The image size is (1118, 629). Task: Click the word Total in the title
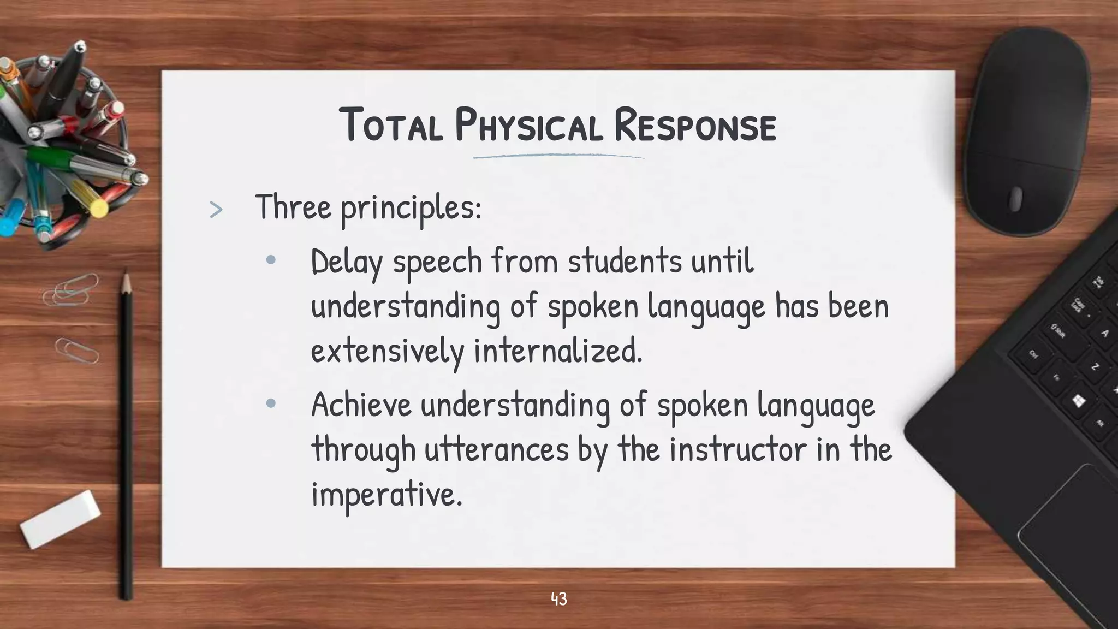pos(391,126)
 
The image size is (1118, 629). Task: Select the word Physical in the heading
pos(528,126)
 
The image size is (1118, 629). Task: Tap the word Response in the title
pos(694,126)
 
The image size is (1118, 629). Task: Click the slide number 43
pos(559,599)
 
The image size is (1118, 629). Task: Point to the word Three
pos(293,207)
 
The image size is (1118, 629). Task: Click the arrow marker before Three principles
pos(216,210)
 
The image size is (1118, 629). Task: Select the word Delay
pos(346,262)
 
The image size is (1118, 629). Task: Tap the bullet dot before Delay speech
pos(271,260)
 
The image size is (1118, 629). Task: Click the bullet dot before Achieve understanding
pos(271,404)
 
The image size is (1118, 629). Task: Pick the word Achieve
pos(361,405)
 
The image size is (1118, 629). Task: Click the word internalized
pos(558,351)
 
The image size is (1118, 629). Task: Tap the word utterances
pos(496,449)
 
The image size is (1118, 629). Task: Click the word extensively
pos(387,351)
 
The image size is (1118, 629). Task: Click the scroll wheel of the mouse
pos(1015,199)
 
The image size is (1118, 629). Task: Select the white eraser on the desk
pos(61,519)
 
